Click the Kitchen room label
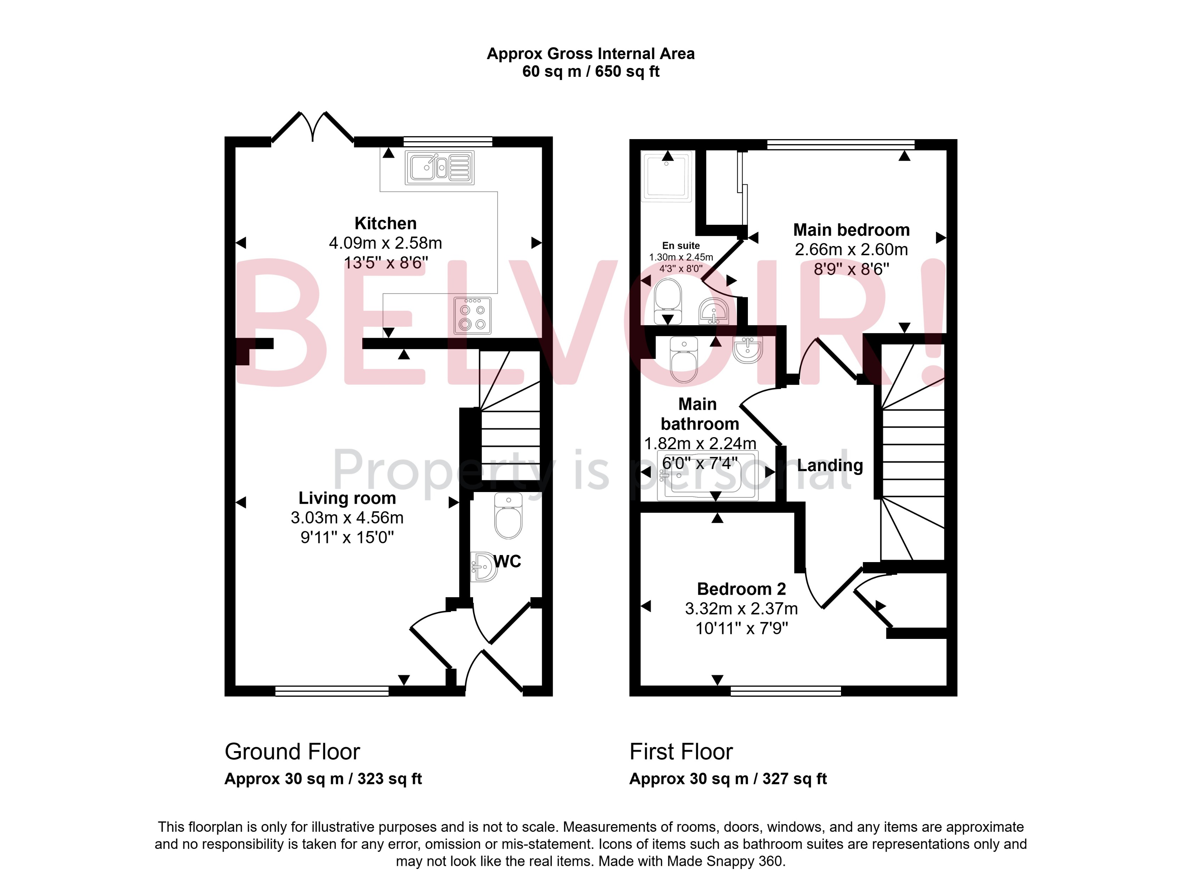pos(385,223)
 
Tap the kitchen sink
pos(439,168)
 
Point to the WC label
pos(507,561)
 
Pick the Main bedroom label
pos(851,230)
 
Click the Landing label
pos(830,465)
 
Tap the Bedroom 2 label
pos(741,589)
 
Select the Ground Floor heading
pos(292,751)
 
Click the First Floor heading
pos(681,751)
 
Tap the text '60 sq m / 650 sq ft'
pos(590,72)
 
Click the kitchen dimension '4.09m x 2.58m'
pos(385,243)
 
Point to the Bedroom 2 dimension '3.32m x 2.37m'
pos(741,608)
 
